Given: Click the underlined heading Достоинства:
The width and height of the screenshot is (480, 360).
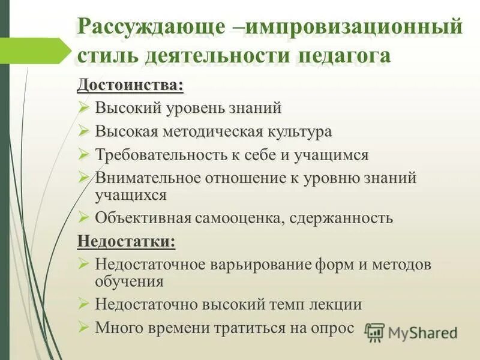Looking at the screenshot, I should click(130, 85).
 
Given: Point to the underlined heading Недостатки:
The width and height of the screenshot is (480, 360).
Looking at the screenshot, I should click(127, 241).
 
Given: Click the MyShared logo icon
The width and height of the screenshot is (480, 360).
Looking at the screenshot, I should click(375, 332).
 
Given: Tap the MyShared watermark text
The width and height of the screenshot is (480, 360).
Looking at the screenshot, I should click(422, 332).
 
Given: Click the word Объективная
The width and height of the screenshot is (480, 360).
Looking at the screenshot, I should click(142, 218).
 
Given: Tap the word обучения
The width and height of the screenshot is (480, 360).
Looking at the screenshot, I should click(129, 280).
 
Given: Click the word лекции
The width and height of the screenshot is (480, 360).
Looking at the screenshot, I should click(335, 304).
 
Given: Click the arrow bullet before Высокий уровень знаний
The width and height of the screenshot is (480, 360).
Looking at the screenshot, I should click(84, 108).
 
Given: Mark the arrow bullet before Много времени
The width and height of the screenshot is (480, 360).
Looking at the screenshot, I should click(84, 328).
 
